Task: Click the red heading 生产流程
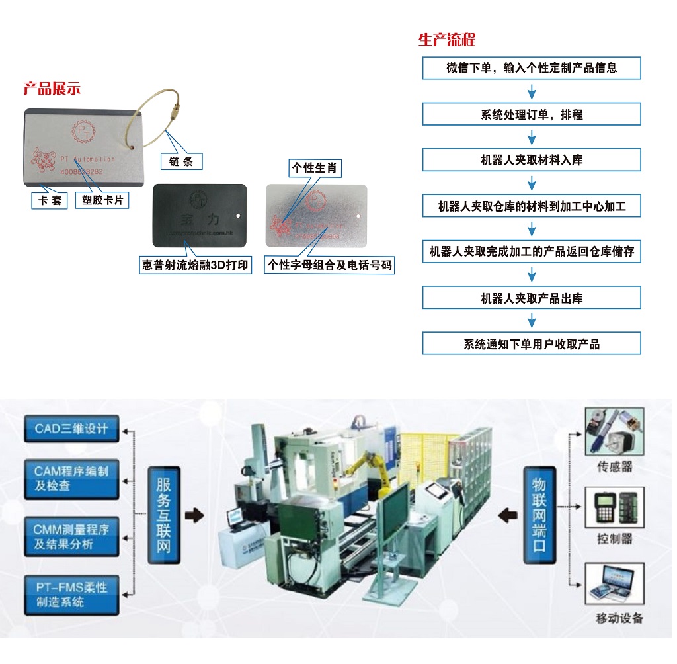(x=447, y=40)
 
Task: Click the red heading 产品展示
(x=52, y=89)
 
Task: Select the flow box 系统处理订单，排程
(x=532, y=114)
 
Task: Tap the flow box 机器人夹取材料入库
(x=532, y=160)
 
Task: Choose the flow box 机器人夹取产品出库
(x=532, y=298)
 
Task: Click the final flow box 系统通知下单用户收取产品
(x=532, y=343)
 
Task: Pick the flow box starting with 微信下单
(x=532, y=68)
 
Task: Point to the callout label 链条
(x=181, y=161)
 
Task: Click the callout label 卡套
(x=50, y=200)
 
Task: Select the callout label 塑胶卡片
(x=102, y=200)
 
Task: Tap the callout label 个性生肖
(x=315, y=168)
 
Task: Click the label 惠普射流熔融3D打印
(x=196, y=265)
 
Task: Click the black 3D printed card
(x=200, y=215)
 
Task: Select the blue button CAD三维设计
(x=71, y=429)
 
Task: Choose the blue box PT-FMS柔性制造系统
(x=71, y=593)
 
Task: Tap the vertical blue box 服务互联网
(x=163, y=515)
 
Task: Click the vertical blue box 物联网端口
(x=539, y=515)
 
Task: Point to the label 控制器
(x=614, y=539)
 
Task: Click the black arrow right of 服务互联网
(x=194, y=515)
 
